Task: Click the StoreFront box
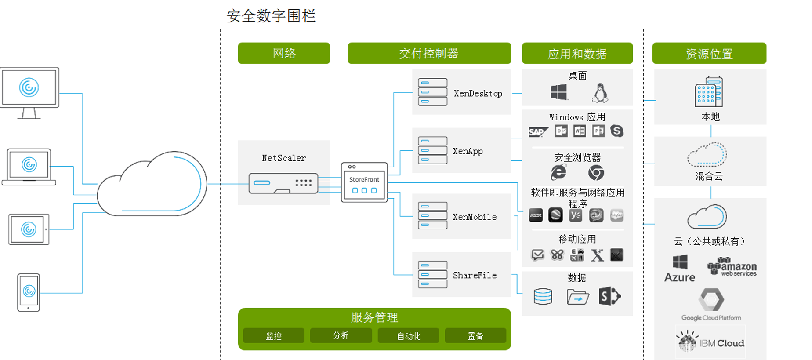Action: [364, 182]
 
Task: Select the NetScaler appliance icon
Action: [283, 183]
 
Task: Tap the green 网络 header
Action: [284, 53]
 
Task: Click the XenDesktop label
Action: [478, 94]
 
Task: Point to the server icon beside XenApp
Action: [432, 150]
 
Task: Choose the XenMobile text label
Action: [475, 217]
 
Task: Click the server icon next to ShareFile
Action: [432, 275]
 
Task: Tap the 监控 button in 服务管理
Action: [273, 336]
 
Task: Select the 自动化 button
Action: [409, 336]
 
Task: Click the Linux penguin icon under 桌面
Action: [600, 93]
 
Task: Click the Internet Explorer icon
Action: [558, 172]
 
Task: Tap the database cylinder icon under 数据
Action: [543, 297]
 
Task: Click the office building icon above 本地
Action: [708, 92]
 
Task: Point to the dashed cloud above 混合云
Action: [707, 155]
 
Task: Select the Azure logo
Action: [680, 268]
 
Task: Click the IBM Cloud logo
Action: [710, 342]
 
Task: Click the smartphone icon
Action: [29, 292]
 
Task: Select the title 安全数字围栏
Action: [271, 16]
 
